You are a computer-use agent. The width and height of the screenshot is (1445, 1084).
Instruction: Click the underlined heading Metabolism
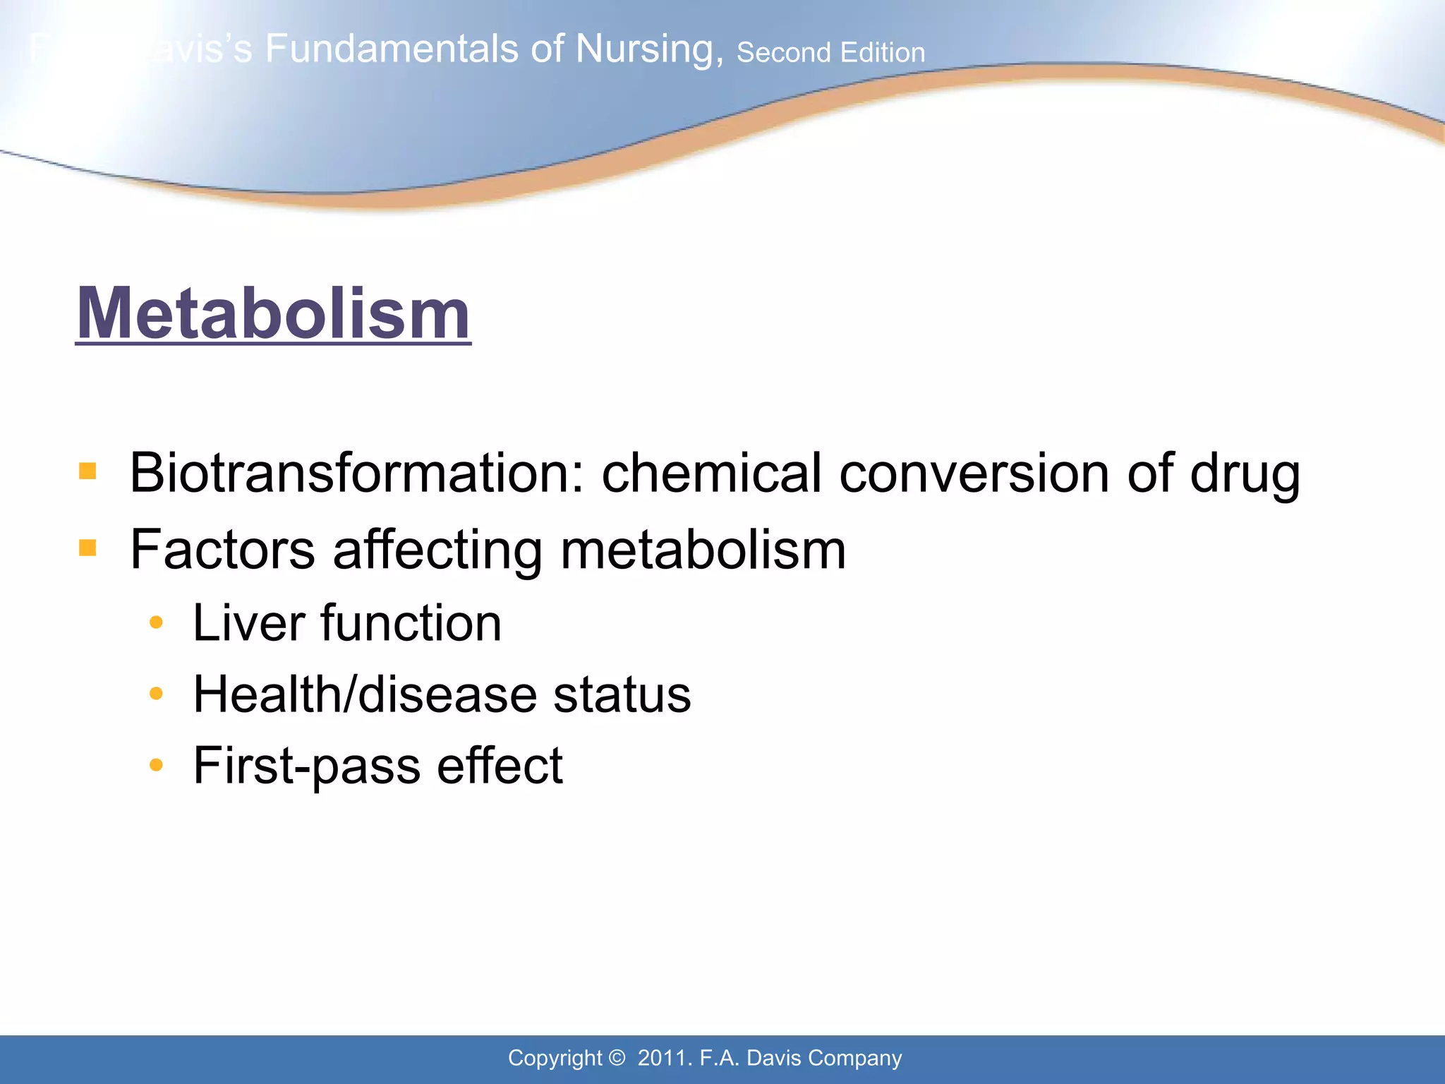coord(273,313)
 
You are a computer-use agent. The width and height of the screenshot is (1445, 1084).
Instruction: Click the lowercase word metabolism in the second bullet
coord(703,550)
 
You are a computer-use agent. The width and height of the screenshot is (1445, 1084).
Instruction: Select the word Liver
coord(248,623)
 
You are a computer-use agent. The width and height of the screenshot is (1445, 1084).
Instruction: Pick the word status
coord(622,694)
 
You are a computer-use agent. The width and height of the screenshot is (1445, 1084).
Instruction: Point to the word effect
coord(500,766)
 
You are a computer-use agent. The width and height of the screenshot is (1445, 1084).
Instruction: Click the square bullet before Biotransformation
coord(87,471)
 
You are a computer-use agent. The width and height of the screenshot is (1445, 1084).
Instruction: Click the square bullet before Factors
coord(87,548)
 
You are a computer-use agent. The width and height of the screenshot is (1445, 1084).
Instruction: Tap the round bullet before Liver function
coord(157,622)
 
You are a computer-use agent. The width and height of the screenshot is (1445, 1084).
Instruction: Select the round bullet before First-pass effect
coord(157,765)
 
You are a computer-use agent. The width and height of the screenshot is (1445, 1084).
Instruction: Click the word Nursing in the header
coord(649,49)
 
